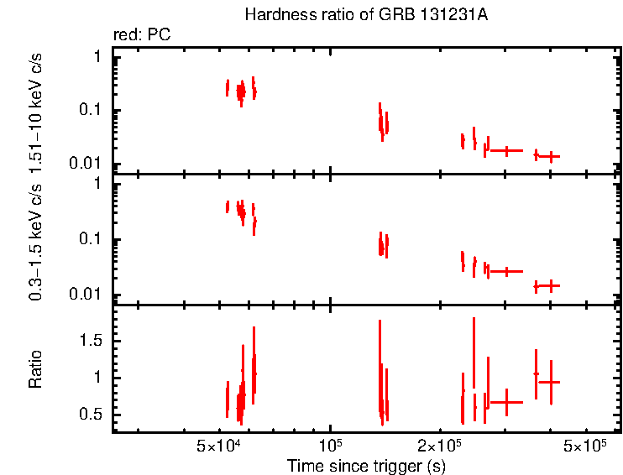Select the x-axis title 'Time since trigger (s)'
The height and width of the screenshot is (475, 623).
[365, 465]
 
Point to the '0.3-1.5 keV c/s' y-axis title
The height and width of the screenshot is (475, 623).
[37, 243]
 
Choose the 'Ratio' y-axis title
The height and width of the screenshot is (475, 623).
[37, 369]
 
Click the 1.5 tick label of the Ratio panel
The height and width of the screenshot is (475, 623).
[92, 341]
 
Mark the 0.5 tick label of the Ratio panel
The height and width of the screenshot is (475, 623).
[92, 415]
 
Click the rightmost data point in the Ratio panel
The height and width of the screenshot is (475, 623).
[551, 382]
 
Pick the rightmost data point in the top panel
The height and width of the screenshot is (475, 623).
[551, 156]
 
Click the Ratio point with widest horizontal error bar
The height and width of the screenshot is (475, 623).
[506, 402]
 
